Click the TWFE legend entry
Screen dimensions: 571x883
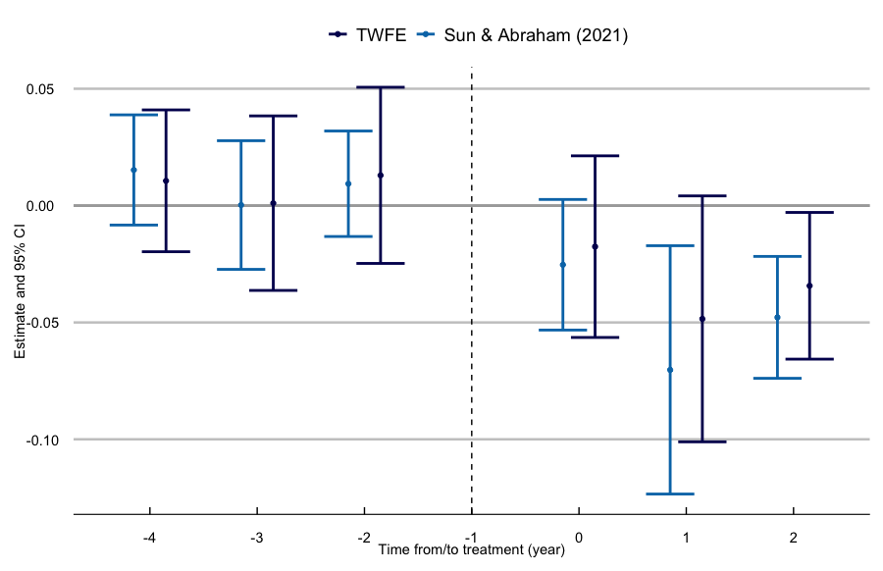[x=368, y=35]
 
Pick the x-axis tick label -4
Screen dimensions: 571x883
[x=149, y=538]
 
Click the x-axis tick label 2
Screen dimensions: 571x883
[x=793, y=538]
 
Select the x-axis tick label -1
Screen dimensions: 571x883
[x=471, y=538]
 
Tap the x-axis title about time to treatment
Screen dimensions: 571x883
[x=472, y=551]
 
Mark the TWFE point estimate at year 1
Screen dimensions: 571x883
[x=702, y=319]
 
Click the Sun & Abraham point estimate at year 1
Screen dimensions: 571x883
[x=670, y=370]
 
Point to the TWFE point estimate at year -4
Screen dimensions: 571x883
[x=166, y=181]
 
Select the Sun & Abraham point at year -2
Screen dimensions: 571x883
[x=348, y=183]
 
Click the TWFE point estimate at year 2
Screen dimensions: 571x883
[x=809, y=285]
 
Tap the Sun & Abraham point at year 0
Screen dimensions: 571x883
[x=563, y=264]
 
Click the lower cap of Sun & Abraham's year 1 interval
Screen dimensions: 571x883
[x=670, y=493]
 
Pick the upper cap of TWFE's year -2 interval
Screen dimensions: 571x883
[x=381, y=87]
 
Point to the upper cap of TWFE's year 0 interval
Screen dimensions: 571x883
[x=596, y=156]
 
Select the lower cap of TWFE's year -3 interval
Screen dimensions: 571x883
[x=273, y=290]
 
